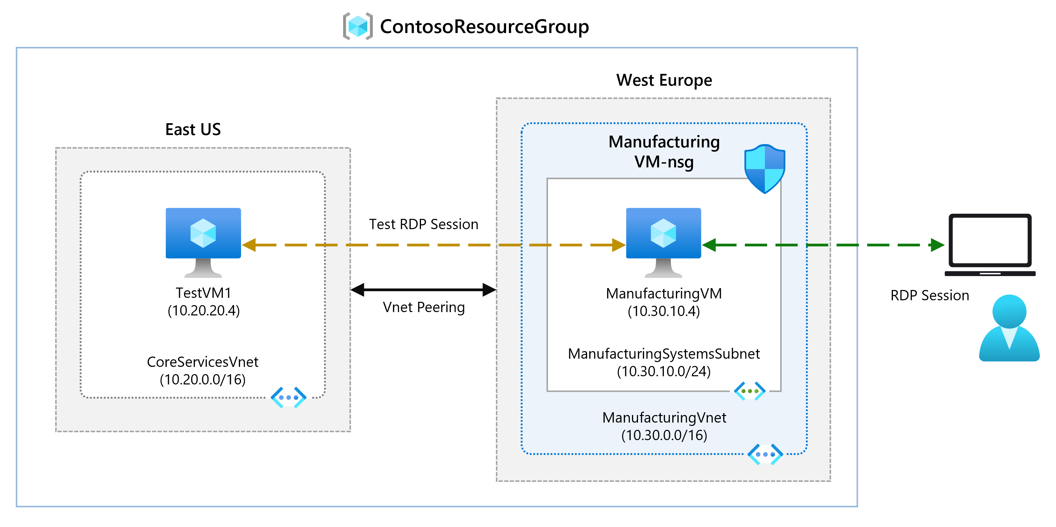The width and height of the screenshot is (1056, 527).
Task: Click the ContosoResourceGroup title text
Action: point(484,27)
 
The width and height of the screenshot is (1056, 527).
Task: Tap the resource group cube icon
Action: point(357,26)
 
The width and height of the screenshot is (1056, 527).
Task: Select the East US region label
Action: point(193,129)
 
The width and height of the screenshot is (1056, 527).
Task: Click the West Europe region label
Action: point(664,80)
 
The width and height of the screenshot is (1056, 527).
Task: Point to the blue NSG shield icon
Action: point(764,168)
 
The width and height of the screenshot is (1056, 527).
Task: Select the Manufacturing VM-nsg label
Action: point(664,152)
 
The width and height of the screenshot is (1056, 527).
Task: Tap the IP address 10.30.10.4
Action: point(664,311)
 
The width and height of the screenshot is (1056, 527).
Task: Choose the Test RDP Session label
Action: point(423,224)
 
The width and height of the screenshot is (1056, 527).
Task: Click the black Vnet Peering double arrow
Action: point(423,289)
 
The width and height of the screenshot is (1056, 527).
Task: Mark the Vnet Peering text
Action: point(423,307)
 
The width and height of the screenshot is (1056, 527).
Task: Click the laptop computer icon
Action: point(990,245)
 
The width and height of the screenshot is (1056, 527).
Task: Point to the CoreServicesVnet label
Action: point(202,362)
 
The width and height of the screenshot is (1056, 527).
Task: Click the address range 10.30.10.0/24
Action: point(664,371)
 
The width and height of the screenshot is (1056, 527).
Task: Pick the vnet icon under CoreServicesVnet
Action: point(288,397)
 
